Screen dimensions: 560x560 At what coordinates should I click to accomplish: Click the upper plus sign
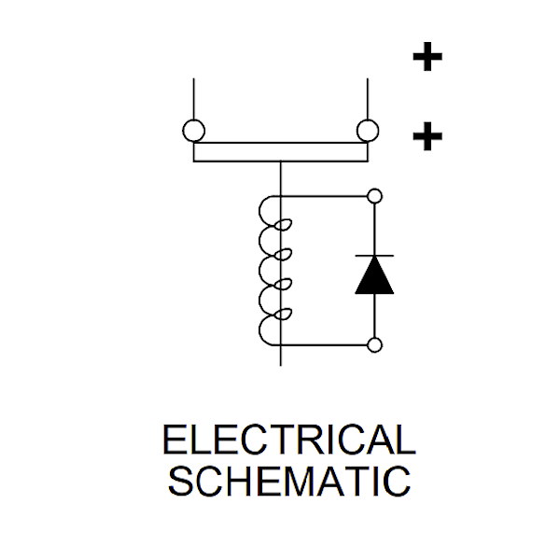pos(427,58)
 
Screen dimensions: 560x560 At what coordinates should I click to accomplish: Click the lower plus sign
pos(427,138)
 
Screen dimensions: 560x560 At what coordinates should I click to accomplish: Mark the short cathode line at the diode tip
pos(374,255)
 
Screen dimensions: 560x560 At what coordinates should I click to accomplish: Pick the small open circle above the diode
pos(375,196)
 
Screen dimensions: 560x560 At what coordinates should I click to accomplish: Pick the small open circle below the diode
pos(375,345)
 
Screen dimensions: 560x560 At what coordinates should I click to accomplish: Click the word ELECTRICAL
pos(288,441)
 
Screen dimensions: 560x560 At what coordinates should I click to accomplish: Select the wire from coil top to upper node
pos(327,196)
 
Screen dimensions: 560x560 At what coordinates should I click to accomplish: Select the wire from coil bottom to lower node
pos(327,345)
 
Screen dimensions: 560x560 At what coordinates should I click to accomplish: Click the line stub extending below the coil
pos(280,357)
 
